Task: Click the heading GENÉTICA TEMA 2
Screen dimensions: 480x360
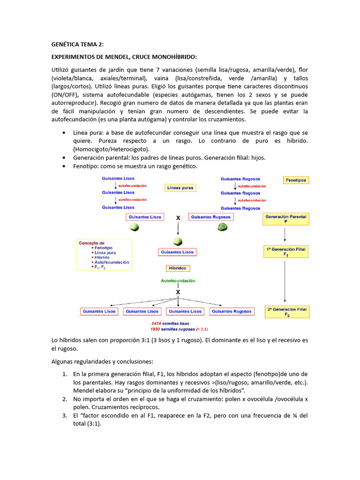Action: point(77,45)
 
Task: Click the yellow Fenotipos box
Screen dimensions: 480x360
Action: point(296,180)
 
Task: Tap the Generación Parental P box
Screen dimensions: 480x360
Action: point(286,219)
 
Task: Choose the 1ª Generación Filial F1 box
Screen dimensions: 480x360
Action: point(286,252)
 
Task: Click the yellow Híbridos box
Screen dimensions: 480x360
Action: point(176,268)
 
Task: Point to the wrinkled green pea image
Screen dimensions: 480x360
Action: point(222,227)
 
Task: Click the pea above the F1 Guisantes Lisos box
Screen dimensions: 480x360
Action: point(177,241)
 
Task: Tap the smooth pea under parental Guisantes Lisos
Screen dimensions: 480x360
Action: point(135,227)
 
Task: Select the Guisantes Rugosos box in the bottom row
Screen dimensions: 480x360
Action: point(232,311)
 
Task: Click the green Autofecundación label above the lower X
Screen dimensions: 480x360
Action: point(178,281)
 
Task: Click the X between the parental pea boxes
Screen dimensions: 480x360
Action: point(178,217)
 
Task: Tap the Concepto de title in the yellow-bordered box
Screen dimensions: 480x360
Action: point(91,243)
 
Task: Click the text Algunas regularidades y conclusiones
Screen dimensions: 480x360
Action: point(102,361)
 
